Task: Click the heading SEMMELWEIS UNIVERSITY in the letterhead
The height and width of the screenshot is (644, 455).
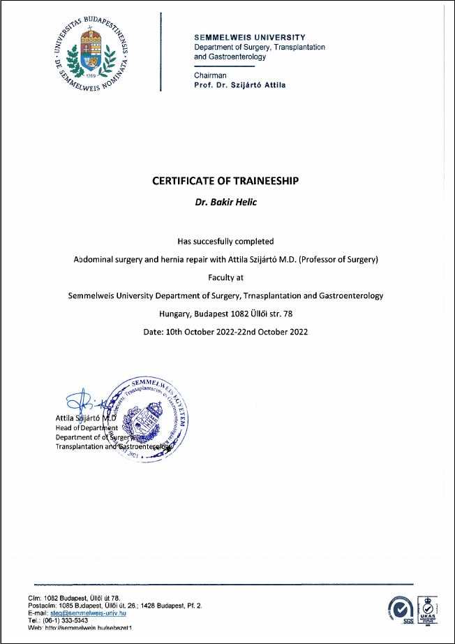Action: [249, 37]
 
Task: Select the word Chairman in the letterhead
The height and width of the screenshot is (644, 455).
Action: [210, 75]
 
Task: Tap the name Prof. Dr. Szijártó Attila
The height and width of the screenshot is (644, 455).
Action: [240, 85]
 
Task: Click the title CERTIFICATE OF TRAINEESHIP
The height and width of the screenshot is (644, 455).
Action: [225, 181]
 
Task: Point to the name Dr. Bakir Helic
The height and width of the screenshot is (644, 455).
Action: [225, 202]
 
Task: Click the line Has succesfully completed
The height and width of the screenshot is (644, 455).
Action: [225, 241]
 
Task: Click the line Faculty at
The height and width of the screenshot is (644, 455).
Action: [225, 277]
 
